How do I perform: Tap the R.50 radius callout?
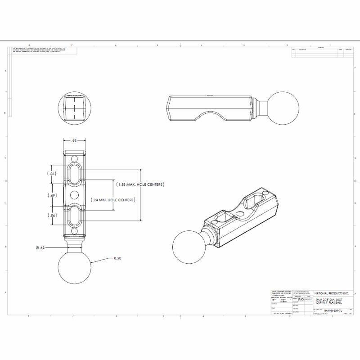(117, 258)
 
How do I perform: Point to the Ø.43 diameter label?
(40, 247)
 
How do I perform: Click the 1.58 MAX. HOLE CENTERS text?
(140, 184)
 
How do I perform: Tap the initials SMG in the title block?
(301, 298)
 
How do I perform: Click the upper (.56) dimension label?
(52, 174)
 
